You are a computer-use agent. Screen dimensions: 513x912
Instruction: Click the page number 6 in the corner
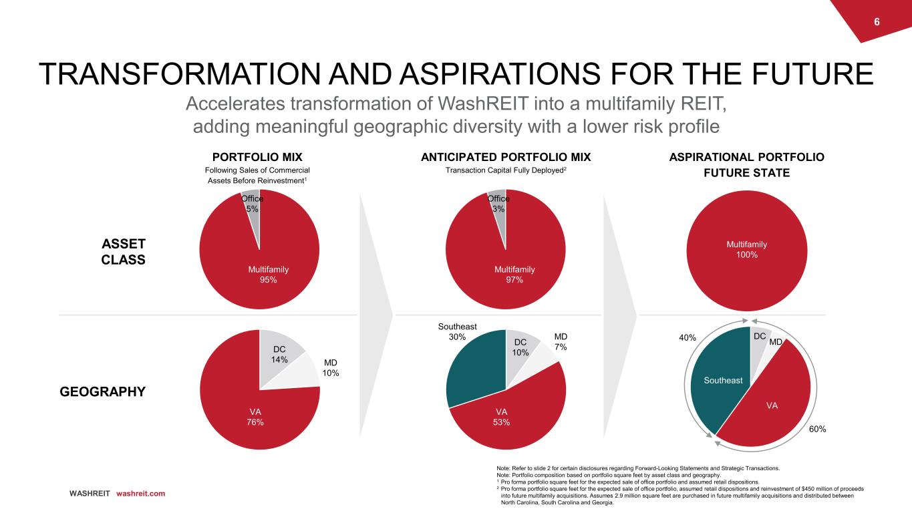[877, 21]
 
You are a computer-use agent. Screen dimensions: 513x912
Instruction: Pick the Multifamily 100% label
[746, 249]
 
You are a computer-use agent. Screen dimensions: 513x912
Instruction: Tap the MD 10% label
[329, 367]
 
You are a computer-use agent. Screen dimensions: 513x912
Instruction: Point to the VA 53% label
[501, 417]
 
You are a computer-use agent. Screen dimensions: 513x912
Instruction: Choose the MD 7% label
[560, 342]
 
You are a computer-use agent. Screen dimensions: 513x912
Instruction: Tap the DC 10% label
[520, 347]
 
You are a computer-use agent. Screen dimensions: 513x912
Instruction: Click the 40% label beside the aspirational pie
[688, 339]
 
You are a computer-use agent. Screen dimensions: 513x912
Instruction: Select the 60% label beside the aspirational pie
[817, 429]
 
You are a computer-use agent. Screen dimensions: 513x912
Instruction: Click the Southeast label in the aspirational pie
[723, 380]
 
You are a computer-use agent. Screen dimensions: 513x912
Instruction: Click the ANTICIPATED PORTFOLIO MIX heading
[506, 158]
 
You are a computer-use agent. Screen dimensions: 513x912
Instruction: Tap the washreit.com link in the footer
[140, 494]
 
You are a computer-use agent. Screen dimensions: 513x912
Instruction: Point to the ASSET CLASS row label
[123, 252]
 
